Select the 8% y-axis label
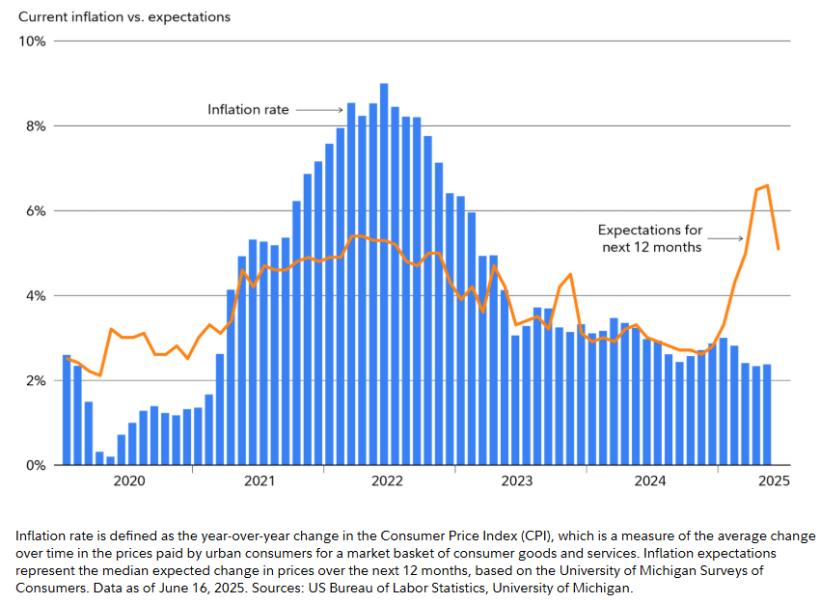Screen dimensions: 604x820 click(36, 126)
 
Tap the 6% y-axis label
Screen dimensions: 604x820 click(36, 211)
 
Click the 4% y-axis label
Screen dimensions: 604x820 click(36, 296)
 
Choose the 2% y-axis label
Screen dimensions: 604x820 click(36, 381)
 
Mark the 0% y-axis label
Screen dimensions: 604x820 click(36, 466)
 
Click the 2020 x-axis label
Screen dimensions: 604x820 click(128, 480)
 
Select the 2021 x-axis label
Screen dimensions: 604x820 click(259, 480)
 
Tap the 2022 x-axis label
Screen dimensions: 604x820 click(388, 480)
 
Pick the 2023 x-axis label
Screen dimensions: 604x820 click(517, 480)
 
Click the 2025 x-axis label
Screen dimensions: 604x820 click(774, 480)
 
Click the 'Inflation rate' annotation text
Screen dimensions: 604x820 click(248, 110)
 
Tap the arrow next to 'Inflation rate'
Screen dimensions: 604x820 click(319, 110)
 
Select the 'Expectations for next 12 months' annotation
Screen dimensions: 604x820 click(649, 238)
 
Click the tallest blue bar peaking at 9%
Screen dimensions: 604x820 click(384, 275)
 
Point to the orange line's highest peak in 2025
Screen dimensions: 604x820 click(767, 185)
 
